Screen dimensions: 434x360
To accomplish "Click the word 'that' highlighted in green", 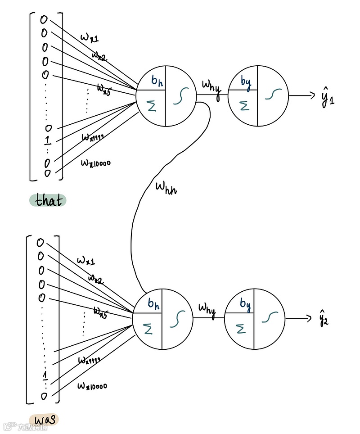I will [x=49, y=200].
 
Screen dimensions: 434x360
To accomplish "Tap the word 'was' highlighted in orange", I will [x=44, y=419].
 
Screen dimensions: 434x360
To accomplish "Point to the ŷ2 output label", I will [x=324, y=318].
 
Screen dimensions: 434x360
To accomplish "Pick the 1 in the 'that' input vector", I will [x=47, y=140].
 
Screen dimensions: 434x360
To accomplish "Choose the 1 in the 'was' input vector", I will [x=44, y=375].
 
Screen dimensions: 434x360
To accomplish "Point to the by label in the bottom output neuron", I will [x=244, y=304].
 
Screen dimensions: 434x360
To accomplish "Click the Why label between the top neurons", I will [x=211, y=86].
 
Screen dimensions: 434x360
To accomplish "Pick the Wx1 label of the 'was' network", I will [x=85, y=261].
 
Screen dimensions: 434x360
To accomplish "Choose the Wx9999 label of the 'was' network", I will [x=89, y=360].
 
